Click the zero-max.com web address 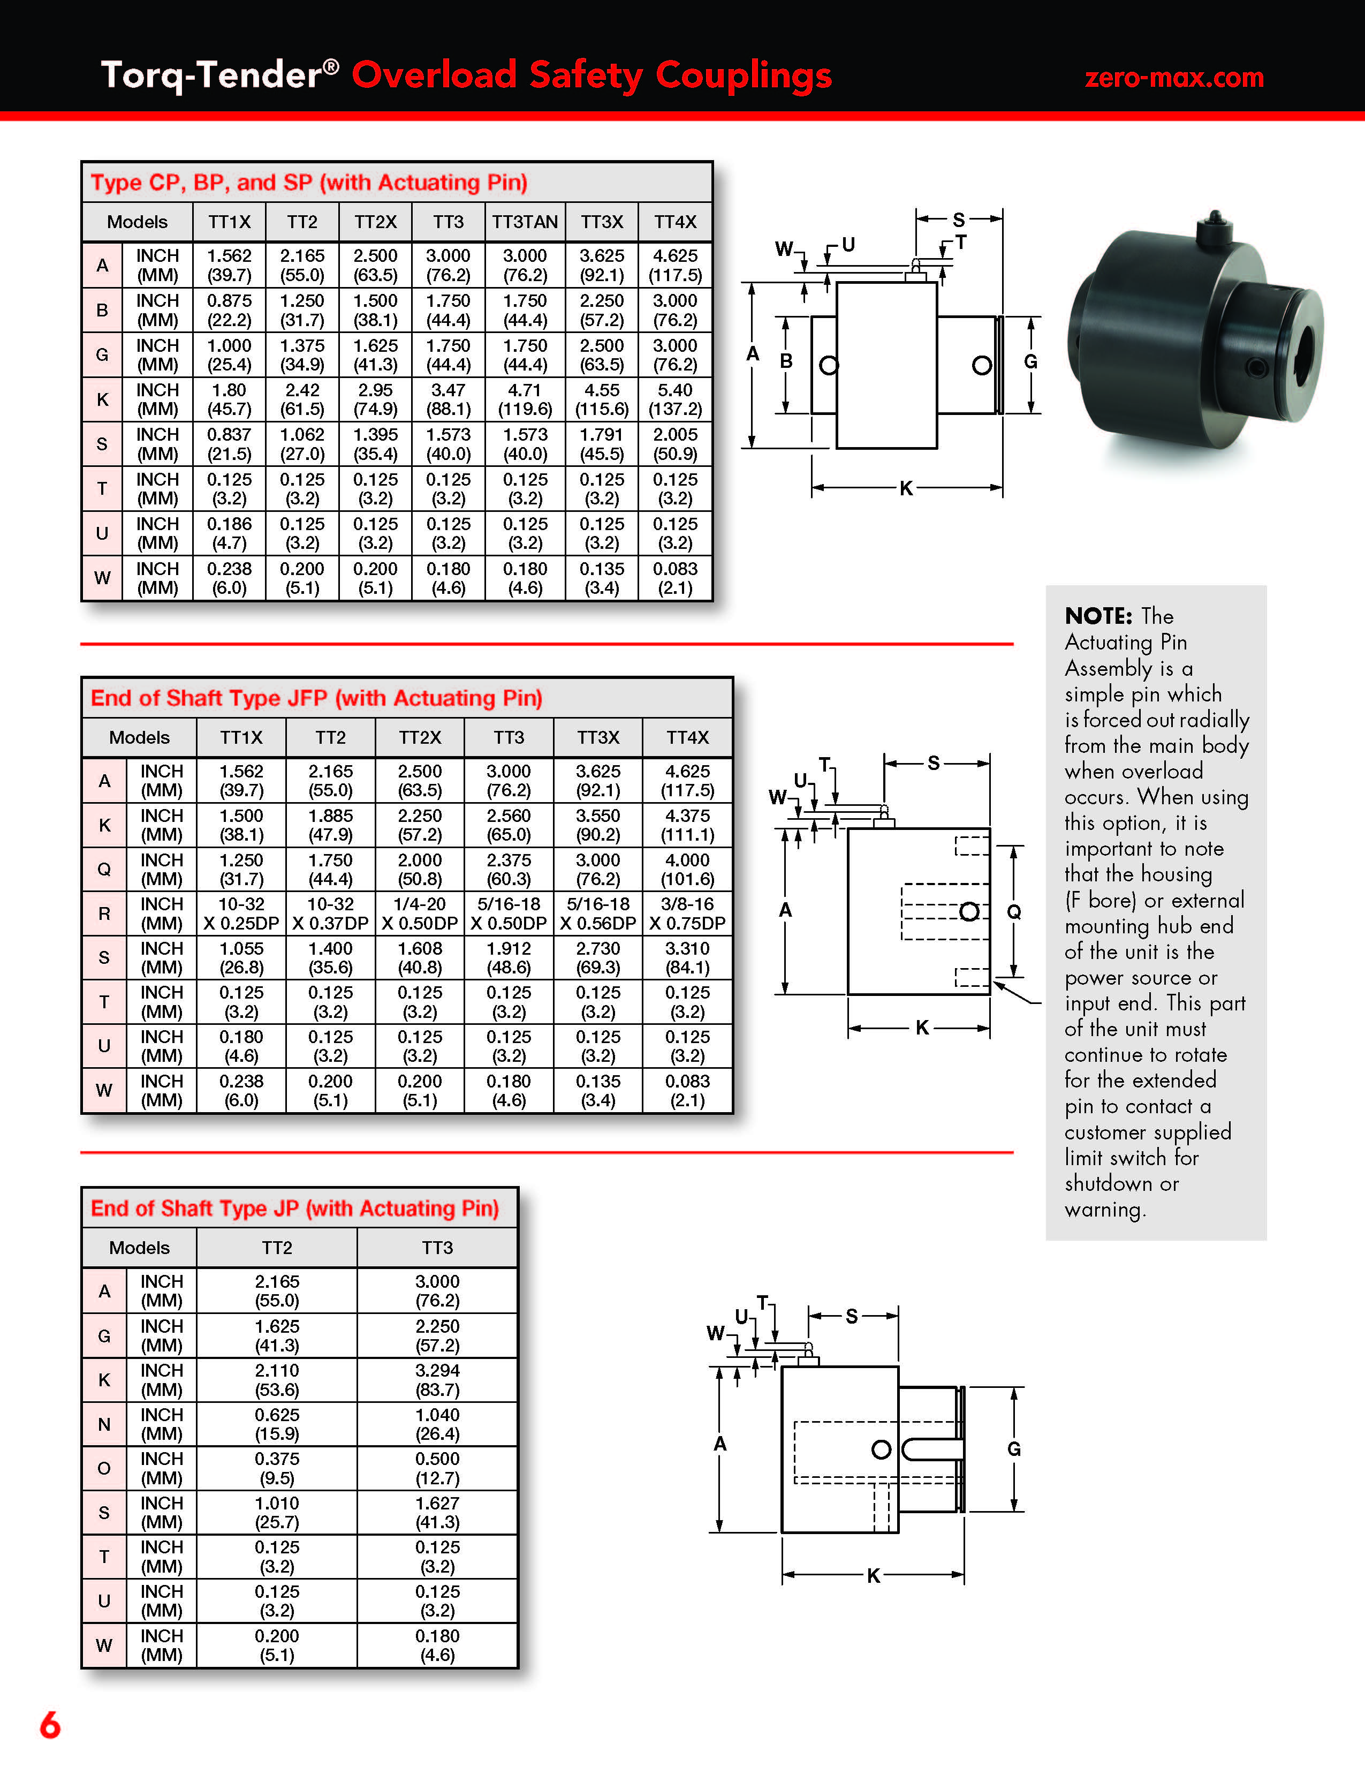tap(1173, 78)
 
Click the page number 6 tap(50, 1724)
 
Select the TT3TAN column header tap(525, 222)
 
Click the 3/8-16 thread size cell tap(687, 904)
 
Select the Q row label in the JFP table tap(104, 869)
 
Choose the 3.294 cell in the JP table tap(437, 1371)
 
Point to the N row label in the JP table tap(104, 1424)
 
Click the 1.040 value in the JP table tap(437, 1415)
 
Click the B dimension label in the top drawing tap(785, 361)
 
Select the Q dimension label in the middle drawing tap(1013, 912)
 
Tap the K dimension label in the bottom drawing tap(874, 1575)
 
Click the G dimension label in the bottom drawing tap(1013, 1449)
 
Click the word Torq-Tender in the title tap(210, 75)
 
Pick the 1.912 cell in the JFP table tap(509, 949)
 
